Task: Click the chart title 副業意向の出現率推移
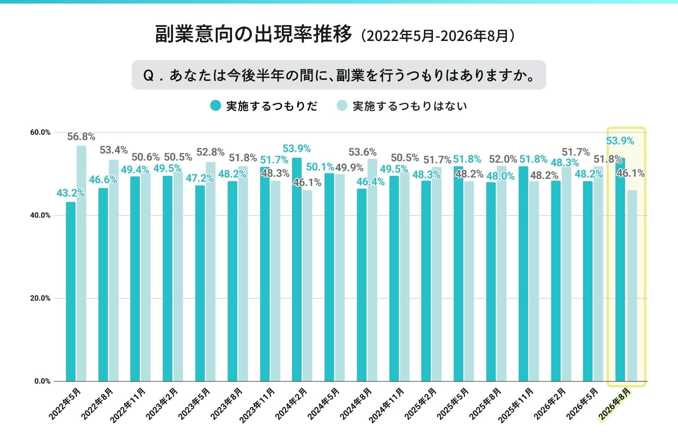(x=254, y=34)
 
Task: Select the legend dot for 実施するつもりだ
(x=215, y=106)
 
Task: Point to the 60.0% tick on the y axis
(x=40, y=132)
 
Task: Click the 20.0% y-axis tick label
(x=40, y=298)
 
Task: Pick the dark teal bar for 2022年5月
(x=71, y=292)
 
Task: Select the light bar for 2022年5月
(x=81, y=263)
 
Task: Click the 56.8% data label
(x=81, y=137)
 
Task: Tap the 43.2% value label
(x=71, y=193)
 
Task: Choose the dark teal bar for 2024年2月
(x=297, y=269)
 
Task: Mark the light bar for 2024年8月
(x=372, y=270)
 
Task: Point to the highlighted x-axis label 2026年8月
(x=614, y=404)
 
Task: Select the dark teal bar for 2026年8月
(x=620, y=269)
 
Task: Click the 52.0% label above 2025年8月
(x=503, y=159)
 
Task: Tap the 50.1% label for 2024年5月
(x=320, y=167)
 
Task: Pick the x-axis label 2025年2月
(x=420, y=404)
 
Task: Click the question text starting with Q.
(x=339, y=75)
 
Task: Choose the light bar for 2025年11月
(x=534, y=281)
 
